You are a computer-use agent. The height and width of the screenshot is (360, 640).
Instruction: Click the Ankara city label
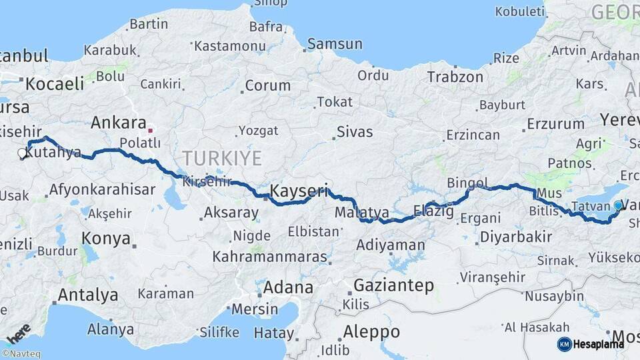pos(118,123)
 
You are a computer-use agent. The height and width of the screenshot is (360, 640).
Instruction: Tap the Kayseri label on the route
pos(299,191)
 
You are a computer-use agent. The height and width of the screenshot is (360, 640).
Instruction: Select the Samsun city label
pos(334,45)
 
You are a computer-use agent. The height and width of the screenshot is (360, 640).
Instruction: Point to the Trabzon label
pos(455,77)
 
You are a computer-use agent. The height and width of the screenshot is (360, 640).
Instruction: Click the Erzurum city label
pos(555,124)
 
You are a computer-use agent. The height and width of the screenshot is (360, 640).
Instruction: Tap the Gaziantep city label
pos(393,286)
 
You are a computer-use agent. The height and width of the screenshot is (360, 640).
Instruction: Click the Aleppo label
pos(371,331)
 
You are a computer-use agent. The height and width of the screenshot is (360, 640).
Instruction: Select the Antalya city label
pos(88,295)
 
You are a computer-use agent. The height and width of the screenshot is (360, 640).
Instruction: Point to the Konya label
pos(105,238)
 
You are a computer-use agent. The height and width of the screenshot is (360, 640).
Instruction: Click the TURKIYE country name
pos(222,158)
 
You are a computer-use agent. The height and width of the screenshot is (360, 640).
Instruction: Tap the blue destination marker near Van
pos(619,206)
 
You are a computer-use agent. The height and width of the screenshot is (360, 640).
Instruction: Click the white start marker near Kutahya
pos(22,154)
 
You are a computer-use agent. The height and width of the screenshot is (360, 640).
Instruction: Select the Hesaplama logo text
pos(598,344)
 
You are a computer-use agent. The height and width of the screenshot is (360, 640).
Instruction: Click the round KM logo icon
pos(564,344)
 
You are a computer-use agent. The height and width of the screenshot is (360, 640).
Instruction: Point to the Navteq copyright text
pos(21,354)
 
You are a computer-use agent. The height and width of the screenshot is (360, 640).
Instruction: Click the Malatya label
pos(362,213)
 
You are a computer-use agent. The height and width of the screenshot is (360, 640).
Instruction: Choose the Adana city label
pos(288,288)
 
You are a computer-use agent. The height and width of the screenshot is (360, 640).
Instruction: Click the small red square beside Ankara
pos(151,131)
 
